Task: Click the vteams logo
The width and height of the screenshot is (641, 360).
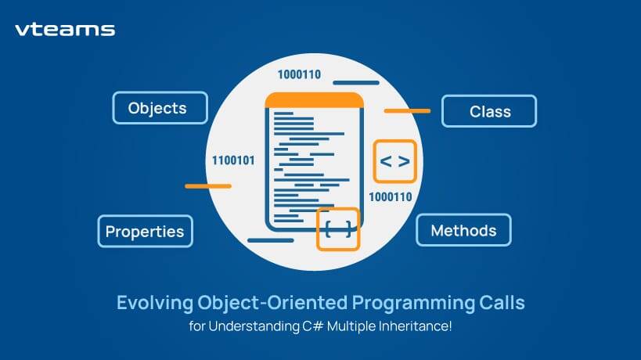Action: coord(65,31)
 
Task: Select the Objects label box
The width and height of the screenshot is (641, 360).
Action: coord(160,108)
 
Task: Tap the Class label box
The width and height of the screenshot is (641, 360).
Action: coord(489,111)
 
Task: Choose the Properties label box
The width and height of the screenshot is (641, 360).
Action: coord(145,231)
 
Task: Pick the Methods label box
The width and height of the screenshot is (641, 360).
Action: coord(463,230)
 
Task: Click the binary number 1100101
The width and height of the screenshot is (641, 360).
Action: coord(233,161)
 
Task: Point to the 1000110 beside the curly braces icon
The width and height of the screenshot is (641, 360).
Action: coord(390,196)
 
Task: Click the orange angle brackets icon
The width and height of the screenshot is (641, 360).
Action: coord(394,161)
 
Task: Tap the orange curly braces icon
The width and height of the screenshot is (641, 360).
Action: coord(338,229)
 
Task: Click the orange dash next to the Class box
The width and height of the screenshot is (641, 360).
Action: coord(407,111)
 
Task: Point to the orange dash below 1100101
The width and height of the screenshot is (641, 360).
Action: coord(208,186)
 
